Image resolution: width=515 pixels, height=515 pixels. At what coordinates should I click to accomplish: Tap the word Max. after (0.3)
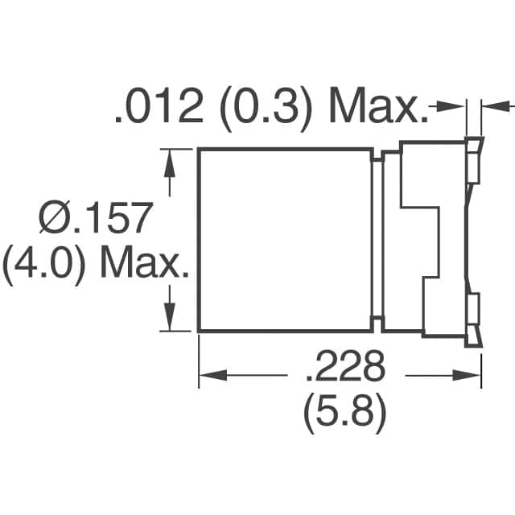point(376,109)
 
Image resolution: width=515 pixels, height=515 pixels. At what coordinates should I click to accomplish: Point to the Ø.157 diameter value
point(96,219)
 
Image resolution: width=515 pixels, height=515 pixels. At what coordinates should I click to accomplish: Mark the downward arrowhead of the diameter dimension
point(169,320)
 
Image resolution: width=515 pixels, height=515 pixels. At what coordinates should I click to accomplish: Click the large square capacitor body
point(285,240)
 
